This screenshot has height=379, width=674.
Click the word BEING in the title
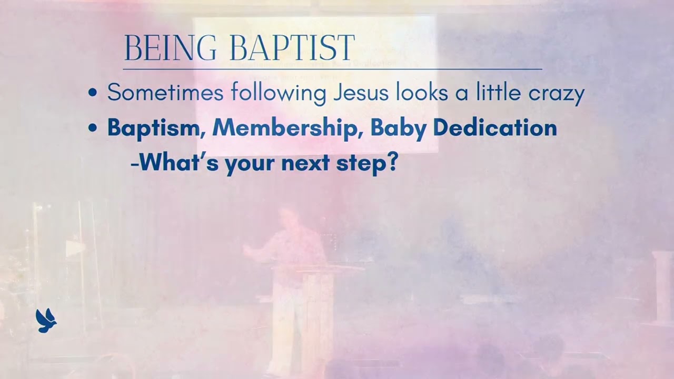(x=170, y=48)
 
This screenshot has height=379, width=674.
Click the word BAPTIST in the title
(x=293, y=48)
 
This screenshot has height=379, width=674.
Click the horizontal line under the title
(x=332, y=69)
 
